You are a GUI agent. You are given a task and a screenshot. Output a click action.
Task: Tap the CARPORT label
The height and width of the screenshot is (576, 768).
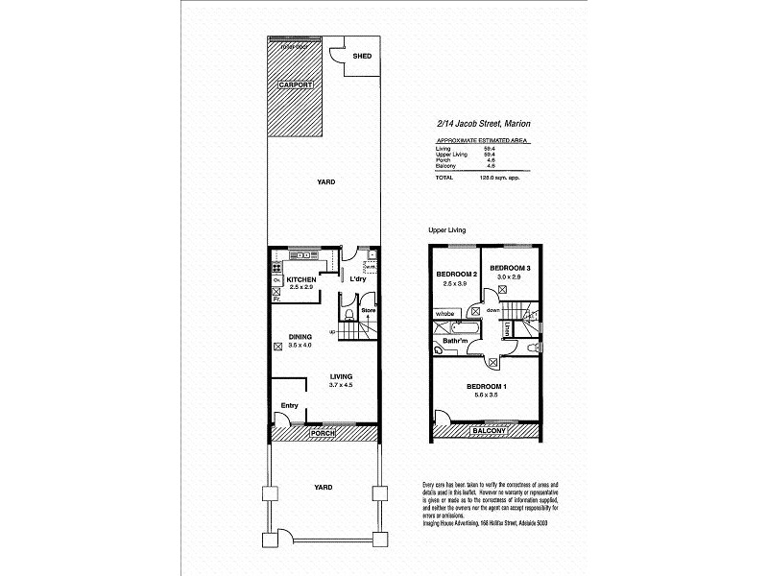coord(296,84)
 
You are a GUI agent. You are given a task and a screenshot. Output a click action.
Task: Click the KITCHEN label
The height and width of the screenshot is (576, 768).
coord(289,279)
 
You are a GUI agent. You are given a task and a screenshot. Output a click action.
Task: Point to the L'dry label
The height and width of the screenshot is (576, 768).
coord(358,279)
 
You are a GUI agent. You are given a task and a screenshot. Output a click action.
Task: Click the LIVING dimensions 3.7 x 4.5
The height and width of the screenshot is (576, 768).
coord(341,385)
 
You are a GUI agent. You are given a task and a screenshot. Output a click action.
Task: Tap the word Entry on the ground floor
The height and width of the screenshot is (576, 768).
coord(289,406)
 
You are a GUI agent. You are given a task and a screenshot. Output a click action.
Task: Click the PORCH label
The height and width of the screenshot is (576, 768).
coord(321,435)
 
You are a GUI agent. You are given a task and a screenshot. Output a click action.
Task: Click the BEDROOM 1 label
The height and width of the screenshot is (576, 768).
coord(487,386)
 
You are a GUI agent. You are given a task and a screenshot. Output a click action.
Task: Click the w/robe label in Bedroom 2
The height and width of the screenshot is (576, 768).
coord(444,314)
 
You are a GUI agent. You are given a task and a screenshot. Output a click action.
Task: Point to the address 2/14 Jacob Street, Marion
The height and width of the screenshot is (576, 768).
coord(484,124)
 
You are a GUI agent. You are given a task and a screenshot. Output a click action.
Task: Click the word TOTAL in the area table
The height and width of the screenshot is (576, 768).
coord(444,178)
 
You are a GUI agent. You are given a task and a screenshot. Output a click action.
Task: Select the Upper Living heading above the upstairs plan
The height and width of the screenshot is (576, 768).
coord(447,231)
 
